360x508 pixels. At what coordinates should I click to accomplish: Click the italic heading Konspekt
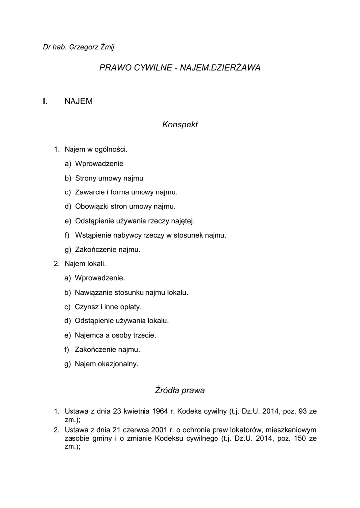pyautogui.click(x=180, y=125)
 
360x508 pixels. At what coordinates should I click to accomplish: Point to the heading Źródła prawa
pyautogui.click(x=180, y=390)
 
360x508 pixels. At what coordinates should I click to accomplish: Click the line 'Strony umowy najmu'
pyautogui.click(x=109, y=178)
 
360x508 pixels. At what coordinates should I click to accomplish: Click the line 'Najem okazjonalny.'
pyautogui.click(x=106, y=364)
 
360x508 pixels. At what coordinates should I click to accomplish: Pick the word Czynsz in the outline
pyautogui.click(x=85, y=307)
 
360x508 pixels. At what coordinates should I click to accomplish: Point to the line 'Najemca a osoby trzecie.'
pyautogui.click(x=115, y=335)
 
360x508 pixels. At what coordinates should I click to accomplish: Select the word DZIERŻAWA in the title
pyautogui.click(x=236, y=68)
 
